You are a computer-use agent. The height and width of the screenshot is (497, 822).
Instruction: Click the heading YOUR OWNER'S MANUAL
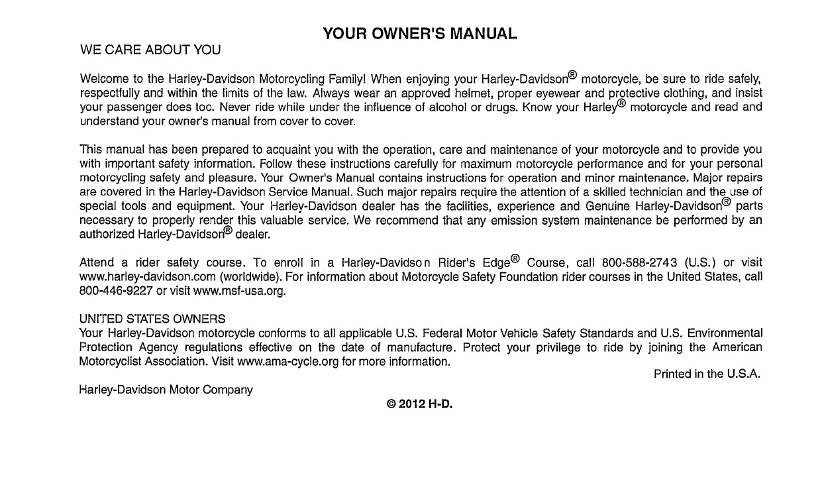(420, 33)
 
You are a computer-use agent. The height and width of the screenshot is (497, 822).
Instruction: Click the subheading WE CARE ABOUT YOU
(150, 50)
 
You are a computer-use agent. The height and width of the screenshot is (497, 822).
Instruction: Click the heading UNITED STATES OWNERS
(152, 319)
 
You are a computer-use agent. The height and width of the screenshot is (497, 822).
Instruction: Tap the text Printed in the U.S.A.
(707, 374)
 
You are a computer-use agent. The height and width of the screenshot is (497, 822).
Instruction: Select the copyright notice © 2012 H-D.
(420, 404)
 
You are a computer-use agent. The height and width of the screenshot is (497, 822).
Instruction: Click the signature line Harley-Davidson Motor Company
(166, 390)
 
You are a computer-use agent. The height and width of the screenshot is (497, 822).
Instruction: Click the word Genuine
(608, 205)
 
